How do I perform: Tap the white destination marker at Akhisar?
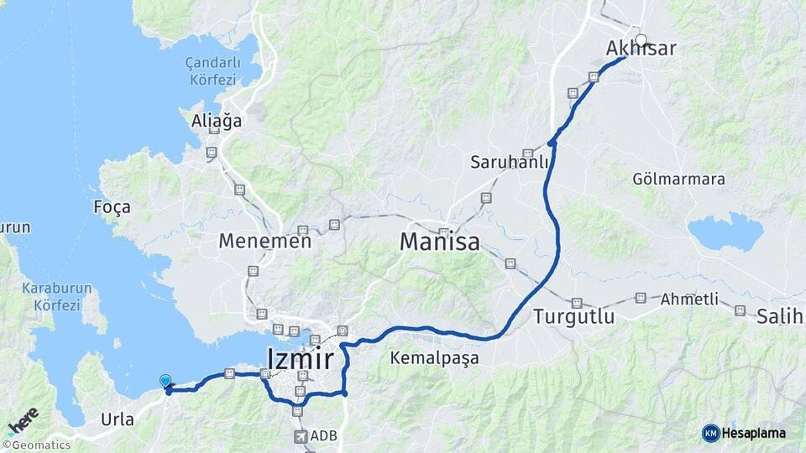641,39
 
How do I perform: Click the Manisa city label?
439,242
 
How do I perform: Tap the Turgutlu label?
573,318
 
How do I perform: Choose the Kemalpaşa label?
434,359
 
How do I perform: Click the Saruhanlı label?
510,161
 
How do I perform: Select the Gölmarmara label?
679,180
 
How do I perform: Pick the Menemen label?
264,241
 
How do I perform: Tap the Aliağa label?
217,121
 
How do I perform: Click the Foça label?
113,207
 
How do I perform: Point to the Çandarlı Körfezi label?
213,71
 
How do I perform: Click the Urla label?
117,419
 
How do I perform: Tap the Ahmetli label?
689,299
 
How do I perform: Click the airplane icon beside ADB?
301,436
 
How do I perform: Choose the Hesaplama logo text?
753,433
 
